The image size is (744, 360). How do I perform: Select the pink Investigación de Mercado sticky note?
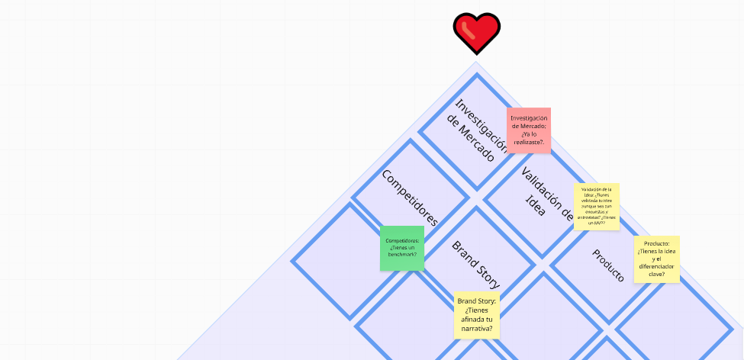(529, 130)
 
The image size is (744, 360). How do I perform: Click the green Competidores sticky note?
(402, 248)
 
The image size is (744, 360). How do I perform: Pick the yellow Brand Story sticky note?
(477, 315)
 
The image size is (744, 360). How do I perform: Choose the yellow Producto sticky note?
(656, 259)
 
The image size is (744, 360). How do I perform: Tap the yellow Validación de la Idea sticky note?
(596, 206)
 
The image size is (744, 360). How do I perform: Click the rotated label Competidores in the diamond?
(410, 198)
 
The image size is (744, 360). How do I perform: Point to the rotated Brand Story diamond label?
(476, 265)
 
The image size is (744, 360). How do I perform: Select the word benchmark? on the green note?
(402, 255)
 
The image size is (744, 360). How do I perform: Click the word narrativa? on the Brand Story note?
(477, 329)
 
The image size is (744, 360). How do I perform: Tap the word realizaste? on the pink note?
(529, 142)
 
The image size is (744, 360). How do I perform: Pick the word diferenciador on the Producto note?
(656, 266)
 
